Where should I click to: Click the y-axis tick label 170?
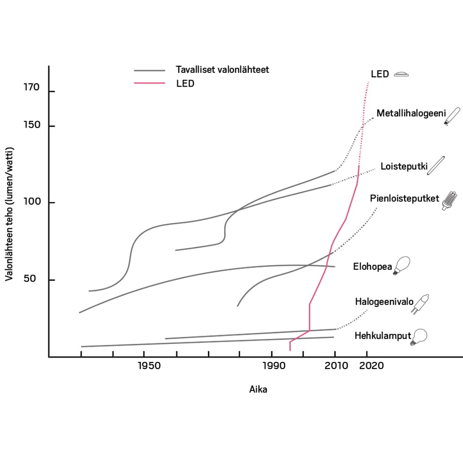pyautogui.click(x=31, y=88)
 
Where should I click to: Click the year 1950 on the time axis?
pyautogui.click(x=149, y=366)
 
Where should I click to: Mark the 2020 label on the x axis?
pyautogui.click(x=371, y=366)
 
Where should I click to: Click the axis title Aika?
pyautogui.click(x=258, y=390)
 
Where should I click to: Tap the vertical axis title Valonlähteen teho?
pyautogui.click(x=9, y=214)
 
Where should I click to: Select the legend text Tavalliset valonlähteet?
pyautogui.click(x=222, y=70)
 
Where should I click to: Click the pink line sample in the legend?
pyautogui.click(x=150, y=84)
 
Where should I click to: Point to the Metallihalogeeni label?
pyautogui.click(x=411, y=113)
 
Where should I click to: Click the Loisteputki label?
pyautogui.click(x=403, y=166)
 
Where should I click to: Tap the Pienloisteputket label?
pyautogui.click(x=404, y=199)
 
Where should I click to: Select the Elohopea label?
pyautogui.click(x=372, y=267)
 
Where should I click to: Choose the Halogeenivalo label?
pyautogui.click(x=384, y=302)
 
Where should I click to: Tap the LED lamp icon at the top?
pyautogui.click(x=401, y=74)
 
